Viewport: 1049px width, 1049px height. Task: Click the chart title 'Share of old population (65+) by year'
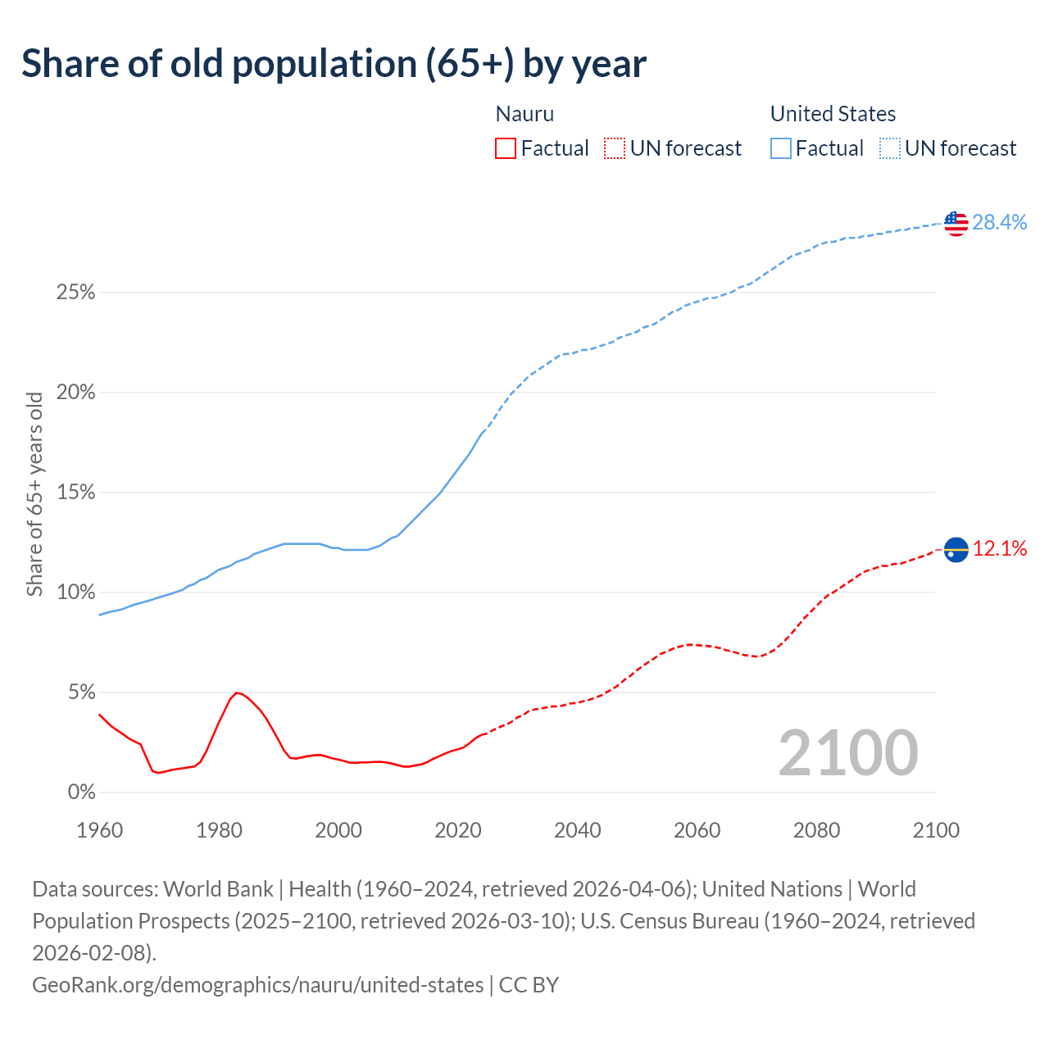pyautogui.click(x=334, y=64)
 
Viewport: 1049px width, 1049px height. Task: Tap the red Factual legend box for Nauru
pyautogui.click(x=506, y=148)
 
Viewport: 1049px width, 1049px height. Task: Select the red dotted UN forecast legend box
pyautogui.click(x=615, y=148)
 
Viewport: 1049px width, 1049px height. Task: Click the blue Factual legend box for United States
pyautogui.click(x=781, y=148)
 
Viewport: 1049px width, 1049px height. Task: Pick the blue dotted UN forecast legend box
pyautogui.click(x=890, y=148)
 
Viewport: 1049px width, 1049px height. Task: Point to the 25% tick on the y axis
pyautogui.click(x=75, y=293)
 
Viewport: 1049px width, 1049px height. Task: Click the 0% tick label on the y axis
pyautogui.click(x=80, y=792)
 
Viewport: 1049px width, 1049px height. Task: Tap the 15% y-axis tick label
pyautogui.click(x=75, y=493)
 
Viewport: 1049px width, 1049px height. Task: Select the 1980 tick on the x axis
pyautogui.click(x=219, y=830)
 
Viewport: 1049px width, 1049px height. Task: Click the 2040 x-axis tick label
pyautogui.click(x=577, y=830)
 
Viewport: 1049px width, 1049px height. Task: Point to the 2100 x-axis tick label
pyautogui.click(x=936, y=830)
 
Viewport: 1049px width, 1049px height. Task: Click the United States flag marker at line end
pyautogui.click(x=956, y=222)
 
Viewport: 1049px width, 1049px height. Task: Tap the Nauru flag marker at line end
pyautogui.click(x=956, y=549)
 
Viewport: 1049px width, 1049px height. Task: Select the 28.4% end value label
pyautogui.click(x=999, y=222)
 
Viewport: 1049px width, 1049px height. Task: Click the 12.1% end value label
pyautogui.click(x=1000, y=549)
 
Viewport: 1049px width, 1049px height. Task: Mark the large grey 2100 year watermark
pyautogui.click(x=847, y=753)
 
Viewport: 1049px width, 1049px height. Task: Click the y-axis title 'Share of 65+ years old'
pyautogui.click(x=34, y=493)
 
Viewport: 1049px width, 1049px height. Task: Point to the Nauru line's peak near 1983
pyautogui.click(x=237, y=693)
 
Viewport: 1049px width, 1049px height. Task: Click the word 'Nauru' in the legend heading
pyautogui.click(x=524, y=114)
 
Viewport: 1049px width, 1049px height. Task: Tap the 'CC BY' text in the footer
pyautogui.click(x=529, y=984)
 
